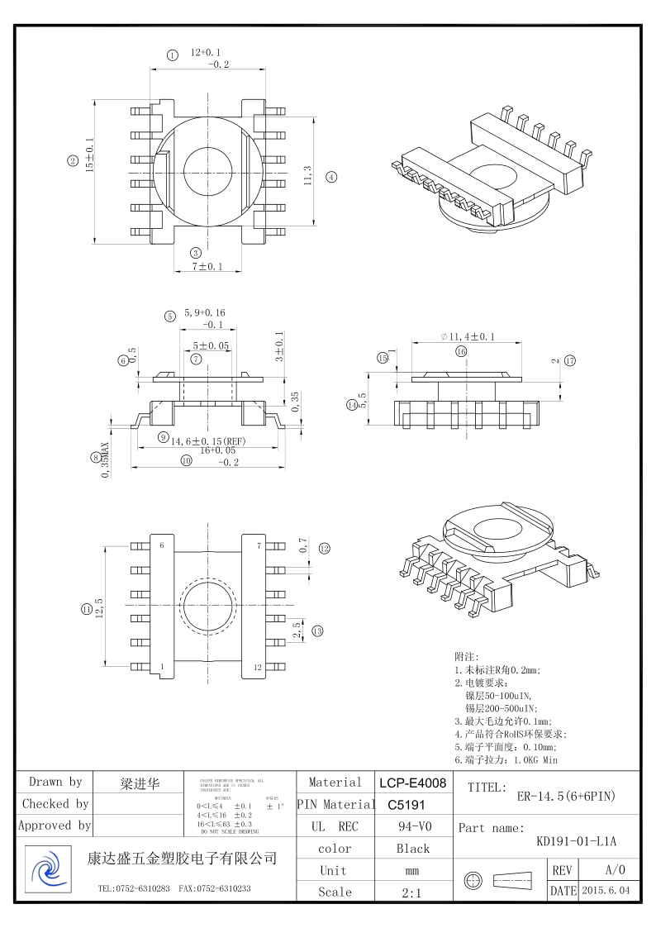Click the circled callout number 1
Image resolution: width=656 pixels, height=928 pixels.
pos(172,55)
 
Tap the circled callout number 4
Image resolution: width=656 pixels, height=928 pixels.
pos(331,176)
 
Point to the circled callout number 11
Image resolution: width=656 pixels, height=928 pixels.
pos(87,609)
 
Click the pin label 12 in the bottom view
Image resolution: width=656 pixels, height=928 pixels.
pos(258,667)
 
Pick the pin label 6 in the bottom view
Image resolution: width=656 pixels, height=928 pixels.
pos(162,545)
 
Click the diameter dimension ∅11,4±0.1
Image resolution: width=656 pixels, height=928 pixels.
pos(468,336)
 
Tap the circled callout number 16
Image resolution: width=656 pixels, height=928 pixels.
pos(461,351)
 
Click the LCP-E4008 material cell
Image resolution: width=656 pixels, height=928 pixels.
pos(413,783)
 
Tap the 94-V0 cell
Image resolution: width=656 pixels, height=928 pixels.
pos(412,826)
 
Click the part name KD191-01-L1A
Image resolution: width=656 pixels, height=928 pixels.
pos(576,842)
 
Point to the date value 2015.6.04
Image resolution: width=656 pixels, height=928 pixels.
pos(606,891)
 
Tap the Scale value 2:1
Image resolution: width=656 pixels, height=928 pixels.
pos(412,892)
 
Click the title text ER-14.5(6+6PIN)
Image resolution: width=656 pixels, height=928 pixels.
pos(566,797)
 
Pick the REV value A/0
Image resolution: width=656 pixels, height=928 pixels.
pos(615,870)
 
